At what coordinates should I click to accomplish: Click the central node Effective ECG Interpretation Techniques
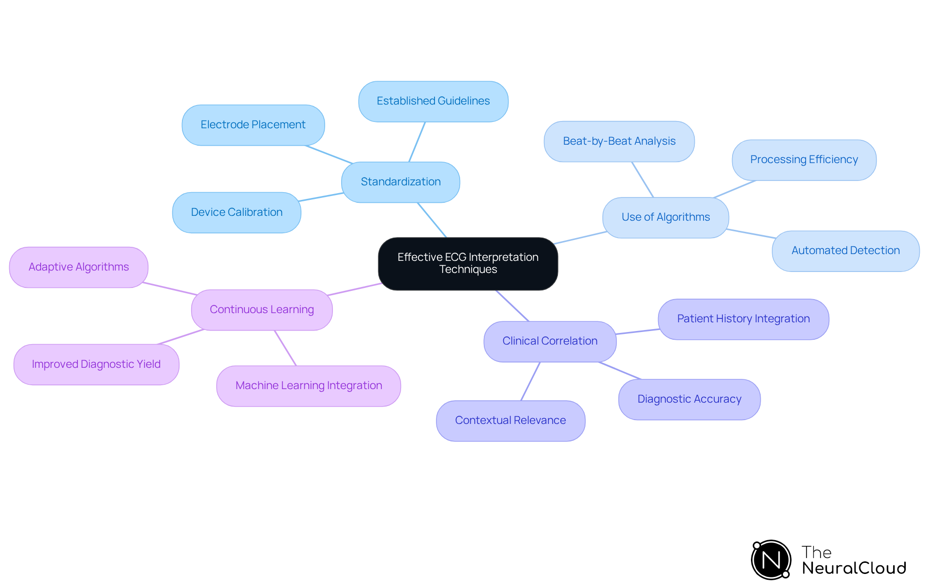tap(468, 263)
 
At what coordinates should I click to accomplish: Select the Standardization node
tap(401, 182)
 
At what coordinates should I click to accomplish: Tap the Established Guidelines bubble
tap(433, 101)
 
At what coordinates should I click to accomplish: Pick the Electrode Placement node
tap(253, 125)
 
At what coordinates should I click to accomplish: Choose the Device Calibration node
tap(237, 212)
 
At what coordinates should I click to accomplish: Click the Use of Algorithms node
tap(665, 217)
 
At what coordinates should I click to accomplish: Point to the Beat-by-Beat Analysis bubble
tap(619, 141)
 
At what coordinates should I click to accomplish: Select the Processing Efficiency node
tap(804, 160)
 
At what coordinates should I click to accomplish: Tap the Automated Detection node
tap(845, 251)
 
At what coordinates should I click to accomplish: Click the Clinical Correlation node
tap(550, 341)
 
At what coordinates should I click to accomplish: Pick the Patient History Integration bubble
tap(743, 319)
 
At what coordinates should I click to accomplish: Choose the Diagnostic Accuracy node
tap(689, 399)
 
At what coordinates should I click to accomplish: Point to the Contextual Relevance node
tap(510, 421)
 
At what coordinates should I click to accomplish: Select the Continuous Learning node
tap(262, 310)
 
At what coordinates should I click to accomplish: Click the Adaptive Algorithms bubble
tap(79, 267)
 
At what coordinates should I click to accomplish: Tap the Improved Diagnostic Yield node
tap(96, 364)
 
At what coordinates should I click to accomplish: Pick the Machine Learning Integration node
tap(309, 386)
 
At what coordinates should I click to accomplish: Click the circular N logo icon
tap(771, 560)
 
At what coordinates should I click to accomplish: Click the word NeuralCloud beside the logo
tap(854, 568)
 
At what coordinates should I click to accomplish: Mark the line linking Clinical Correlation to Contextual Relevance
tap(530, 381)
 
